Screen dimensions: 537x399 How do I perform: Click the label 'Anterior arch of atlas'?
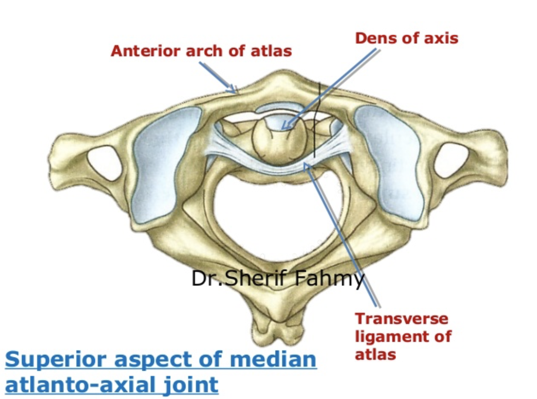tap(201, 51)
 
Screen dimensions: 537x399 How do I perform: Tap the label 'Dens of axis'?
tap(406, 38)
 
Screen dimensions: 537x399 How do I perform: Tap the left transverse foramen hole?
tap(104, 162)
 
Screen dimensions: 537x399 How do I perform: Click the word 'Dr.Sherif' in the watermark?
tap(241, 279)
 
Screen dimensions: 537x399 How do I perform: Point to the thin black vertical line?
tap(316, 119)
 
